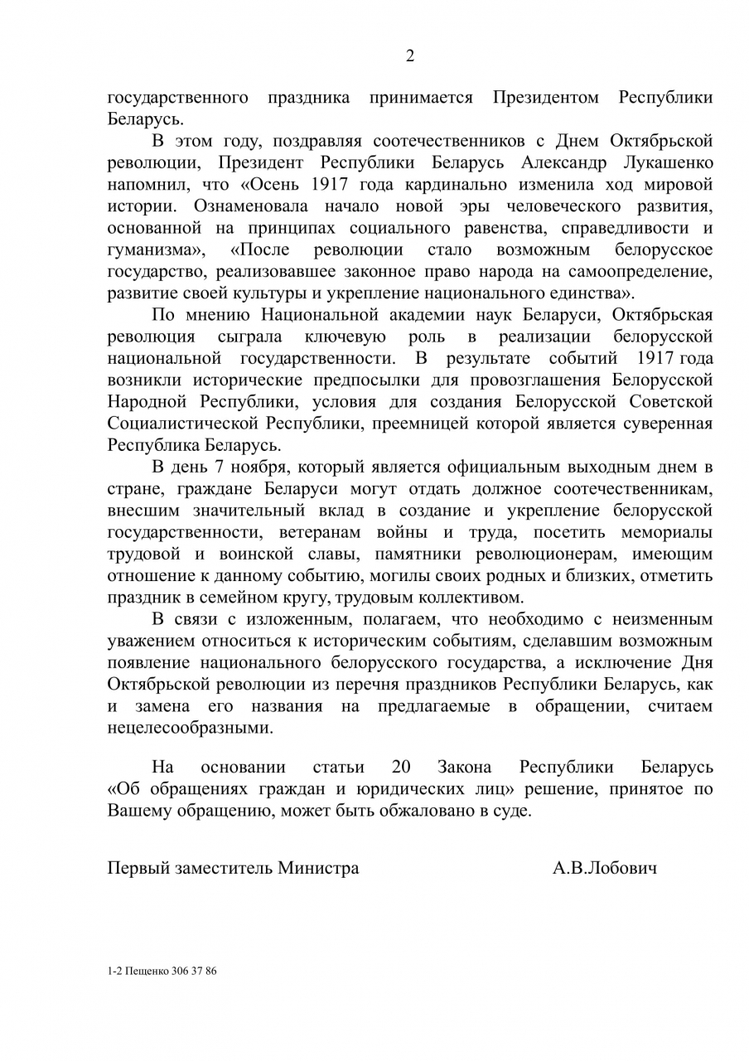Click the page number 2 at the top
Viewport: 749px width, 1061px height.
(x=409, y=56)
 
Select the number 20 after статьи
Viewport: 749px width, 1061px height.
(x=395, y=768)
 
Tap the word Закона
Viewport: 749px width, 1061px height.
(x=465, y=768)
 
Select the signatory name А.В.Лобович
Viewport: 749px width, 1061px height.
(x=605, y=868)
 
